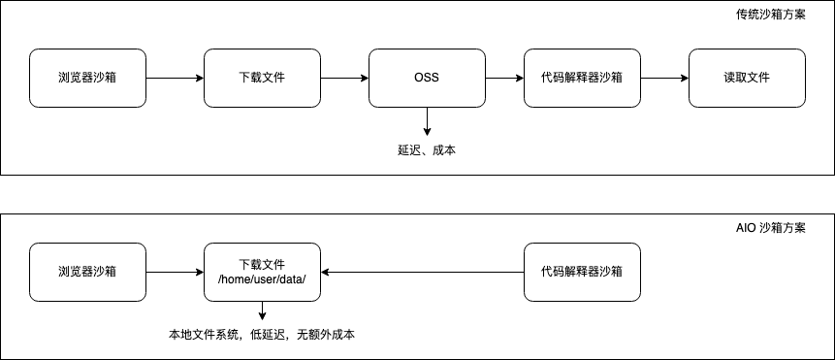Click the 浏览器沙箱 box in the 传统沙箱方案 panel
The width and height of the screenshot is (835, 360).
point(87,78)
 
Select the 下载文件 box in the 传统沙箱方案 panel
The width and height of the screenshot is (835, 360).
point(262,78)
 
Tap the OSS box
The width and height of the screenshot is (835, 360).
point(427,78)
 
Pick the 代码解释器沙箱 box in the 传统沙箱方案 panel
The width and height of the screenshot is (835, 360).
point(582,78)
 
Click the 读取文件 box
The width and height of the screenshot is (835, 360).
point(747,78)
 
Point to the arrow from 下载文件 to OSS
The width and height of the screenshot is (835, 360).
point(344,78)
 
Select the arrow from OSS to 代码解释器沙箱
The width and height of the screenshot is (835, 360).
point(504,78)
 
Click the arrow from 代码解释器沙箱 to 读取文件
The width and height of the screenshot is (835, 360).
point(664,78)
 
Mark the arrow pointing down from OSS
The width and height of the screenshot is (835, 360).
point(427,121)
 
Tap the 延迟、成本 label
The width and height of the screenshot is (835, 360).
point(427,150)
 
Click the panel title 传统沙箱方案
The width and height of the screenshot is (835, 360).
point(770,16)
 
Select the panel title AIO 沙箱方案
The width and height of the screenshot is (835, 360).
point(770,229)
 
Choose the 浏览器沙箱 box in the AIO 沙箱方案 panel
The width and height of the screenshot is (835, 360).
point(87,272)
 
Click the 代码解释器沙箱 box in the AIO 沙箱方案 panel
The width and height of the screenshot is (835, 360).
point(582,272)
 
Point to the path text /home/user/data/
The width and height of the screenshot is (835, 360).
point(262,279)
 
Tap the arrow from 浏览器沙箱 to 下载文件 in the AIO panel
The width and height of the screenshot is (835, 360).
point(175,272)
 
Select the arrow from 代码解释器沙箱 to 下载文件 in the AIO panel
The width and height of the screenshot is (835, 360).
point(422,272)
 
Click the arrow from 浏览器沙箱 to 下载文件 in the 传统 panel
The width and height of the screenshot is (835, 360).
point(175,78)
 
